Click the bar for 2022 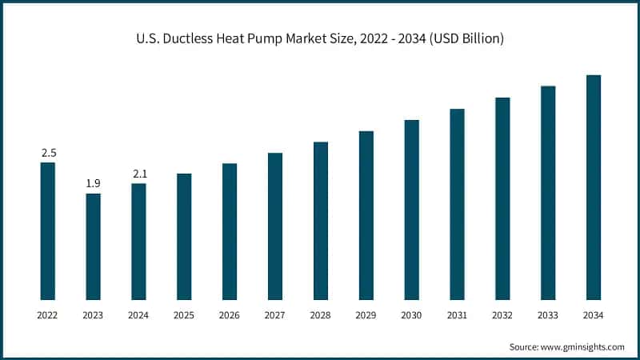[48, 231]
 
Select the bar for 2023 [94, 246]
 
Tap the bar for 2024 [138, 242]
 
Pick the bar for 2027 [275, 226]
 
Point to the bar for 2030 [412, 210]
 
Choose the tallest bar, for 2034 [594, 187]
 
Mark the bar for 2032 [502, 198]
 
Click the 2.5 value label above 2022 [48, 153]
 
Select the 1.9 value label [94, 184]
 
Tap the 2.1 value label [138, 174]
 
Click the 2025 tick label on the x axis [184, 316]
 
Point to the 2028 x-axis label [321, 316]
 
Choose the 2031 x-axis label [457, 316]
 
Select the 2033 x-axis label [548, 316]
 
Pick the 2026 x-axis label [230, 316]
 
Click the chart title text [320, 38]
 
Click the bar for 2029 [366, 215]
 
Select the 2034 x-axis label [594, 316]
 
